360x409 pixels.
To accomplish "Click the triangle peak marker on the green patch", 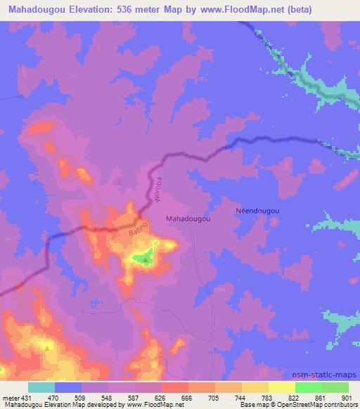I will [x=146, y=259].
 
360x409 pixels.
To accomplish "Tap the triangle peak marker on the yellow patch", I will [x=48, y=346].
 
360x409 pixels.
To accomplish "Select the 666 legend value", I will [x=186, y=397].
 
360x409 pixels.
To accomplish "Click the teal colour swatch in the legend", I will [x=41, y=387].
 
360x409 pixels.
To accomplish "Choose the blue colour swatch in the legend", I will [x=69, y=387].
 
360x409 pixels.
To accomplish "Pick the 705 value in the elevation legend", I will [x=213, y=397].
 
